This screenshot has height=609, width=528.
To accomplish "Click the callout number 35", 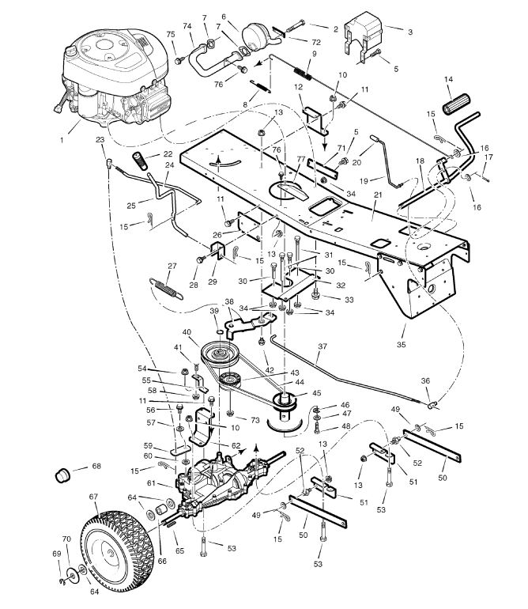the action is pos(401,344).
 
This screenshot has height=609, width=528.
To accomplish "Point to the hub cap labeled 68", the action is pos(62,475).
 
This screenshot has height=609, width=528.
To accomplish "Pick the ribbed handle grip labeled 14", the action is pos(456,104).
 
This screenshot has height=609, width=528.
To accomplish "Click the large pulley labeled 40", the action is pos(220,354).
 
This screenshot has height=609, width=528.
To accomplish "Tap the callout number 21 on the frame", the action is pos(378,195).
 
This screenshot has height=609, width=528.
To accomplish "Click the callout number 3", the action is pos(410,32).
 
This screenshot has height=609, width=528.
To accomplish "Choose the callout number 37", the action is pos(322,346).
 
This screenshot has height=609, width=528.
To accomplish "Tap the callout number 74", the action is pos(187,26).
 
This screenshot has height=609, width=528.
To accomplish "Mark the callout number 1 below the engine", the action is pos(62,140).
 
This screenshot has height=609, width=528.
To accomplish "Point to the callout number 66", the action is pos(162,561).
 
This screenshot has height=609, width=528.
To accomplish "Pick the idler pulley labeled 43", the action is pos(229,379).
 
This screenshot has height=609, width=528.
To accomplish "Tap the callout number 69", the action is pos(57,554).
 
